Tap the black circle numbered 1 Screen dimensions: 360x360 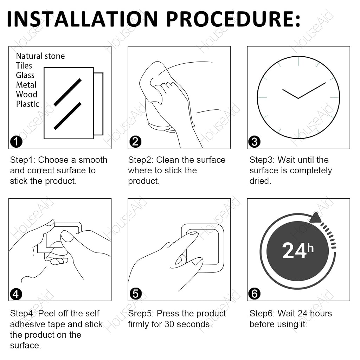[x=16, y=141]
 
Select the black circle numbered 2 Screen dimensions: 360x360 [x=135, y=141]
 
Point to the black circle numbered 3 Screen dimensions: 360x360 [x=255, y=141]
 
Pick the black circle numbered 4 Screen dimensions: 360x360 [x=16, y=294]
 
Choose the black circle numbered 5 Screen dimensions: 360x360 [x=135, y=294]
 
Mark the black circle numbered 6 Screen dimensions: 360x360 [x=255, y=294]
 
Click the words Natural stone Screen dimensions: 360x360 [x=40, y=56]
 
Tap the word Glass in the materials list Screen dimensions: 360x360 [x=25, y=75]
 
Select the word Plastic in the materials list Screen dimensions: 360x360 [x=27, y=104]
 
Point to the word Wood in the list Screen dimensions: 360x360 [x=27, y=94]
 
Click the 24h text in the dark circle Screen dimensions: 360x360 [x=298, y=250]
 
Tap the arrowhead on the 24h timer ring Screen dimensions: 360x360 [x=315, y=218]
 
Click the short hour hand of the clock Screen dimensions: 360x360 [x=290, y=94]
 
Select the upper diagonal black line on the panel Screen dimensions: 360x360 [x=67, y=92]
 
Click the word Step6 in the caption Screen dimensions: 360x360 [x=262, y=314]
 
